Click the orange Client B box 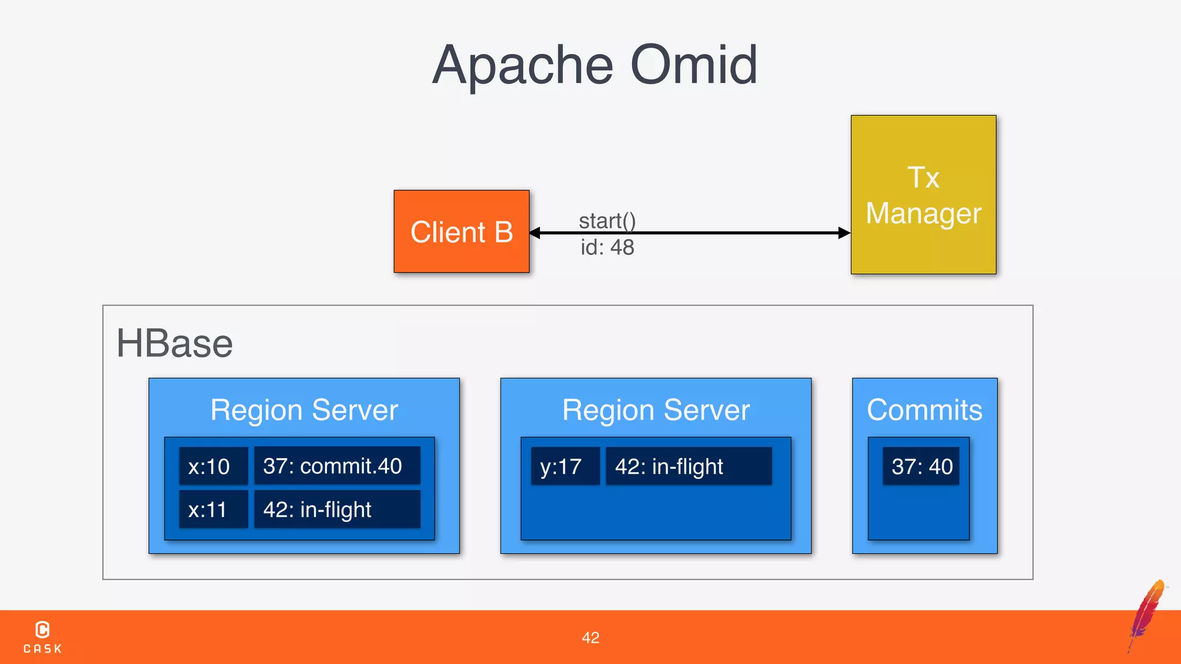coord(461,232)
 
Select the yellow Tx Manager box coord(923,195)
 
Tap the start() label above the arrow coord(607,221)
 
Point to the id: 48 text coord(607,247)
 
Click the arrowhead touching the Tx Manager coord(844,233)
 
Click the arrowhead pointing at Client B coord(536,233)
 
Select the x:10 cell coord(213,466)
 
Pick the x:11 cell coord(213,510)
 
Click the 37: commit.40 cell coord(337,466)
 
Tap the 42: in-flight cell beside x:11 coord(337,510)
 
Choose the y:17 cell coord(565,466)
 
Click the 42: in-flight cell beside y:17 coord(689,466)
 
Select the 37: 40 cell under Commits coord(922,466)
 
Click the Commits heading coord(924,410)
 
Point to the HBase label coord(174,344)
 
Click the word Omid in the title coord(694,65)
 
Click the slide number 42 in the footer coord(590,637)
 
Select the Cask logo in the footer coord(43,637)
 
